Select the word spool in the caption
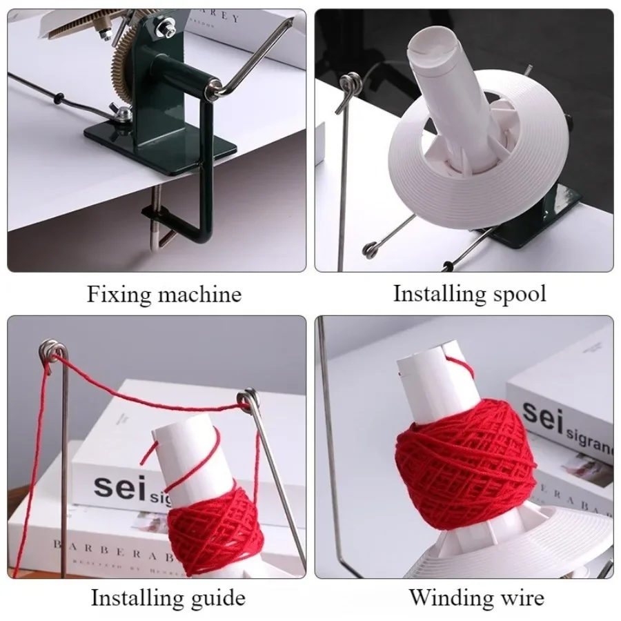tap(516, 293)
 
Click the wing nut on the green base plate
tap(124, 113)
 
